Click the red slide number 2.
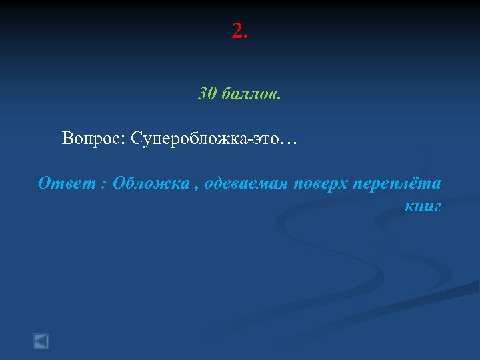(x=237, y=31)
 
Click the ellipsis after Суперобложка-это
(x=289, y=140)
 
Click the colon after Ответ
(x=103, y=185)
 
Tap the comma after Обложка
(x=195, y=187)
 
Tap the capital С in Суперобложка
(x=137, y=139)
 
